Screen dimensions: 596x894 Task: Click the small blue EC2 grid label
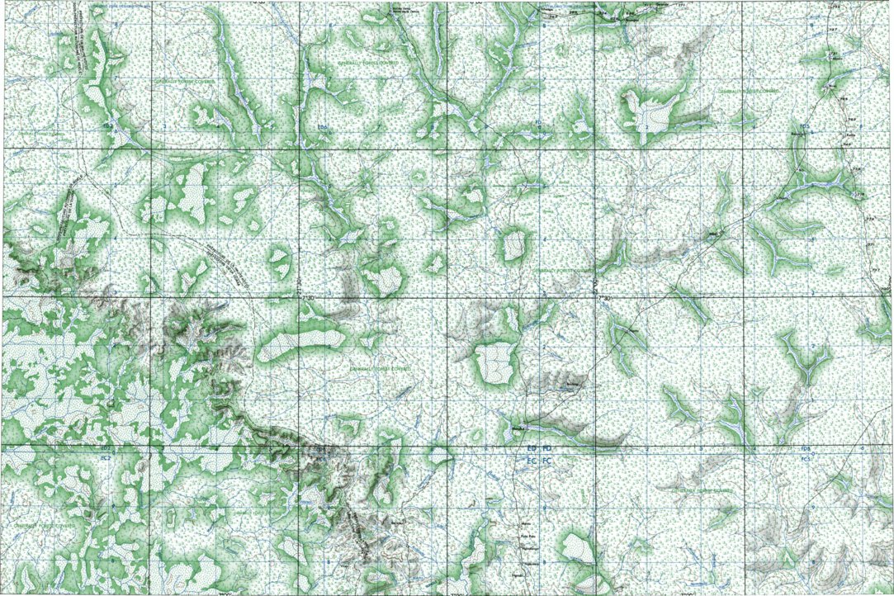[x=105, y=455]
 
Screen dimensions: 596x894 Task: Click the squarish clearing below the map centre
[x=497, y=362]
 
